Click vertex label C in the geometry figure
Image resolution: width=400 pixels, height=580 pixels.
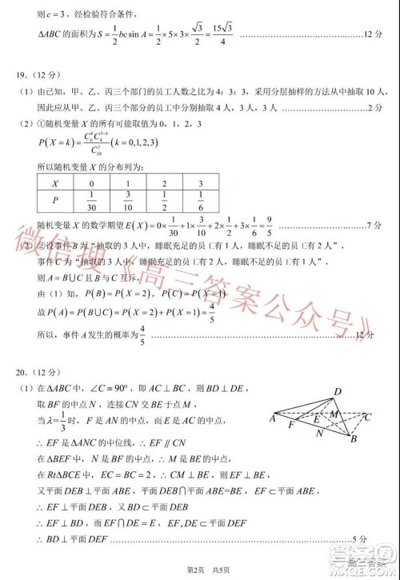pos(367,417)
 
